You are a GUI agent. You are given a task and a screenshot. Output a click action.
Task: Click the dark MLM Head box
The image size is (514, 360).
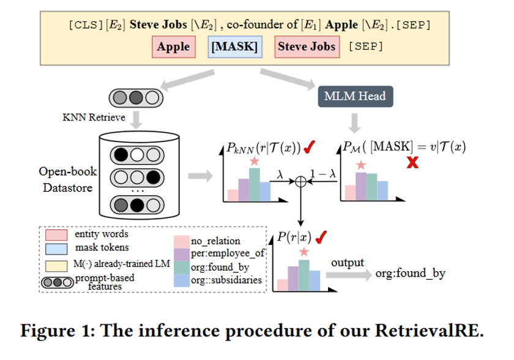click(355, 97)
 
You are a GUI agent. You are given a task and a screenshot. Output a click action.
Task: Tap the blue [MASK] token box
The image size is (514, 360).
click(233, 47)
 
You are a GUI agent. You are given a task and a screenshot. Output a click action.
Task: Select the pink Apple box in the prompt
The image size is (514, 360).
click(173, 47)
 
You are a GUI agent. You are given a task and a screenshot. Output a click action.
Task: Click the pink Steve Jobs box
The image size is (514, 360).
click(307, 47)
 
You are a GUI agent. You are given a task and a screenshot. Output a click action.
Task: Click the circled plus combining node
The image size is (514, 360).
click(300, 182)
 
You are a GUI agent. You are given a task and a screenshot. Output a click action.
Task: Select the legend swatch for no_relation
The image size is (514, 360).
click(182, 241)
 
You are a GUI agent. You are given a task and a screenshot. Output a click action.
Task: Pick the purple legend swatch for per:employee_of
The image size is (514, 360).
click(182, 253)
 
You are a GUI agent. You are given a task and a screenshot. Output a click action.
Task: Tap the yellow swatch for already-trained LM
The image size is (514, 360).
click(56, 265)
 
